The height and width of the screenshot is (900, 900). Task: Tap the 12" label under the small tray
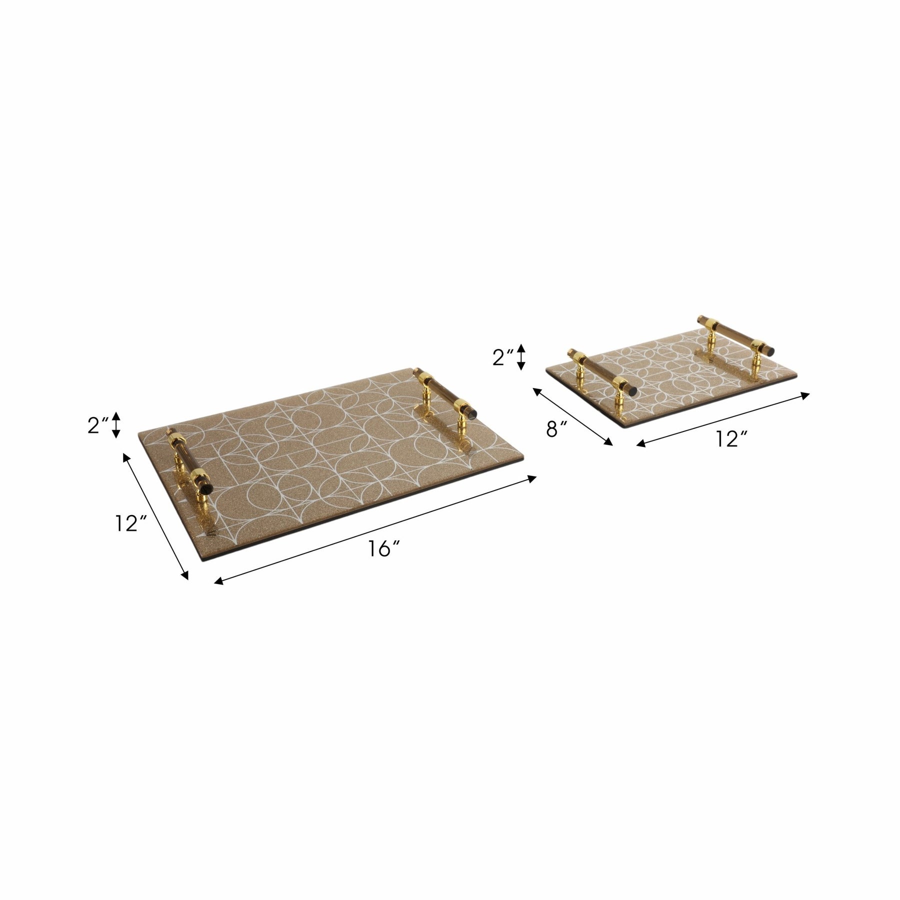(730, 439)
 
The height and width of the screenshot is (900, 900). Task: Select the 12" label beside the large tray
(130, 523)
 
